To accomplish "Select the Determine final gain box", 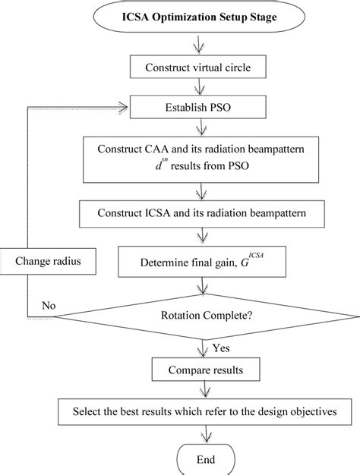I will point(200,265).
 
